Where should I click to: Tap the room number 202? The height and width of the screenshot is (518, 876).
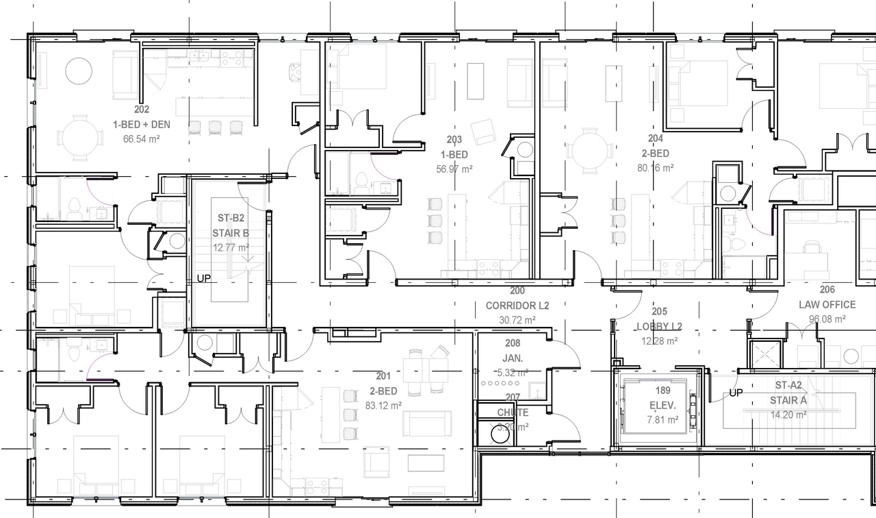(142, 110)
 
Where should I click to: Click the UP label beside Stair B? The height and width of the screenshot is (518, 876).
(204, 279)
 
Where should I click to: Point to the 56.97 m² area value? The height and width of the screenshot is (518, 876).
(454, 169)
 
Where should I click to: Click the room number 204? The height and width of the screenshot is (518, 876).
(656, 138)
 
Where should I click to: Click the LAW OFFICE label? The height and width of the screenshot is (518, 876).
(827, 304)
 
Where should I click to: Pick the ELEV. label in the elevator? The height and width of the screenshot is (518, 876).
(662, 406)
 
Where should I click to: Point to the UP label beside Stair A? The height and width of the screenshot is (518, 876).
(736, 393)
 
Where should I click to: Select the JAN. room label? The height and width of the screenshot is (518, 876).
(513, 358)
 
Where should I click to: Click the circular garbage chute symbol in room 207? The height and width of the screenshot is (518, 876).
(500, 434)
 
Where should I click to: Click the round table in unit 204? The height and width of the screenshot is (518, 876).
(591, 151)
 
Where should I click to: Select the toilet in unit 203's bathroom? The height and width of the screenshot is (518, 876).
(361, 183)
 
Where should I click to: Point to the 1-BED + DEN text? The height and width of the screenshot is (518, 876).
(142, 125)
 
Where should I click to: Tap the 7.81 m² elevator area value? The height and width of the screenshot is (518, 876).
(662, 420)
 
